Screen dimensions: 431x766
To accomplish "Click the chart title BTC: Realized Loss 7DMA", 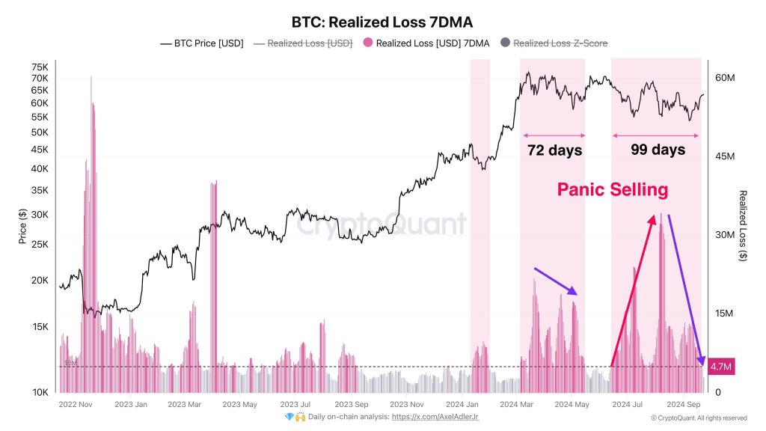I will point(382,22).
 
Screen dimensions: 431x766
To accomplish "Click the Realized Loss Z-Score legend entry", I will point(554,43).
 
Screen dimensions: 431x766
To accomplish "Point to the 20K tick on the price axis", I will point(40,281).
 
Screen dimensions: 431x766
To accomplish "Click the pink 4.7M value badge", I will point(721,367).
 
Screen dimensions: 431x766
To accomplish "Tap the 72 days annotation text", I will point(554,150).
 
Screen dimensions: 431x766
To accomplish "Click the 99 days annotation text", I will point(658,150).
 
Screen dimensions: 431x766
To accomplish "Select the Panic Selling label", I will point(612,190).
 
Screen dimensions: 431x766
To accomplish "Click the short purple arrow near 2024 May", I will point(555,281).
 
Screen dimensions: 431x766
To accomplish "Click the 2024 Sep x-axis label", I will point(683,404).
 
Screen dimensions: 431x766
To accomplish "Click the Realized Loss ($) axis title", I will point(743,225).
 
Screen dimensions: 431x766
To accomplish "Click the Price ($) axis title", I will point(22,225).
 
